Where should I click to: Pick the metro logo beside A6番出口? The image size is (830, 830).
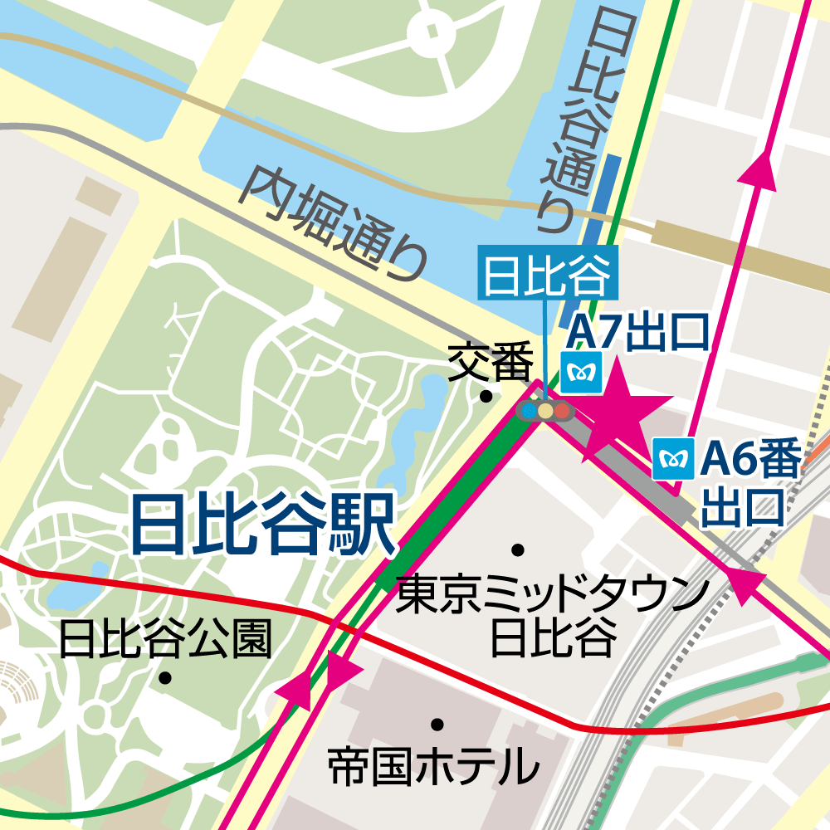(673, 459)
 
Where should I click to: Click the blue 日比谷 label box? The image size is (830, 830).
(548, 273)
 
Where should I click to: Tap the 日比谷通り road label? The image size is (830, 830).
(572, 115)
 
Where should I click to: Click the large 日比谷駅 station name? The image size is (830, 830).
(262, 525)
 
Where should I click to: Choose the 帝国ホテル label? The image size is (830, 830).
(433, 766)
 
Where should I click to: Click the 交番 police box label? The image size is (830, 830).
(491, 364)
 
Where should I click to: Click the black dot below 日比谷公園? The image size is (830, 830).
(165, 678)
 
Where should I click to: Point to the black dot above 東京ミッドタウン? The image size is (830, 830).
(519, 549)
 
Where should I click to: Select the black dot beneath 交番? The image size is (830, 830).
(486, 396)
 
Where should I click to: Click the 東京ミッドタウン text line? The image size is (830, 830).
(553, 596)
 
